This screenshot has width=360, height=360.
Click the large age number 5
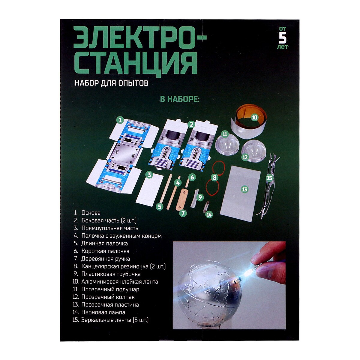click(282, 38)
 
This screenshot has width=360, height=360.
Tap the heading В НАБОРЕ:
click(180, 99)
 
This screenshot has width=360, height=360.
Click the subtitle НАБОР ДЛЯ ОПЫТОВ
click(112, 83)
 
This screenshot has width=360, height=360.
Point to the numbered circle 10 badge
click(254, 118)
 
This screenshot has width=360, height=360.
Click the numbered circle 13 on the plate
click(244, 189)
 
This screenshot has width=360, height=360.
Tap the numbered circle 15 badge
click(269, 178)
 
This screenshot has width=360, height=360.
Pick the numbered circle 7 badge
click(183, 213)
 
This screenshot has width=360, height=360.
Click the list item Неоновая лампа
click(99, 312)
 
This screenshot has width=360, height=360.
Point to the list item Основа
click(87, 213)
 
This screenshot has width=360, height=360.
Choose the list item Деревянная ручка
click(102, 259)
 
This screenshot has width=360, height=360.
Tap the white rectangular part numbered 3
click(149, 190)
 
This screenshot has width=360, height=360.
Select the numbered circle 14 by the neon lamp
click(209, 214)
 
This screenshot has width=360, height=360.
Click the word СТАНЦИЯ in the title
click(137, 64)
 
